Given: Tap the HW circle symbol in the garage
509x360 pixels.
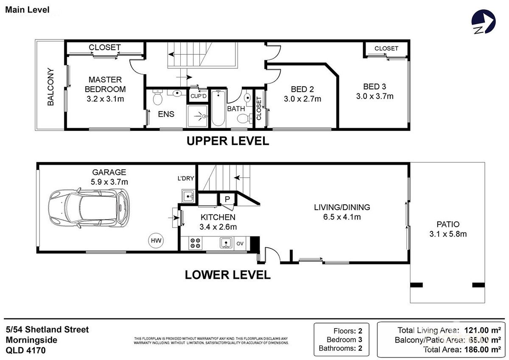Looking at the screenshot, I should pos(156,240).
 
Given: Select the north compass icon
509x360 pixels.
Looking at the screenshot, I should pos(483,22).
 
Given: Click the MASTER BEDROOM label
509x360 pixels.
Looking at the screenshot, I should pos(105,84).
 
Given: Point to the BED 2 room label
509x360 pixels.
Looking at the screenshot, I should pos(302,90).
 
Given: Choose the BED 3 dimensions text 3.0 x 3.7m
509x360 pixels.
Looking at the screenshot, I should pos(375,96).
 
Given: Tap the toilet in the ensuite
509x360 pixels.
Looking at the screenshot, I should pos(157,98).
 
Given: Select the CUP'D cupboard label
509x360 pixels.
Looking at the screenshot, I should pos(198,96).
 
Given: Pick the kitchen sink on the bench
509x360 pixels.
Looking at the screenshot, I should pos(226,243).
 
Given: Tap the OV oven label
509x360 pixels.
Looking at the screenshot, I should pos(240,243).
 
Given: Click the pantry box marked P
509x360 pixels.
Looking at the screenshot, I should pos(227,199).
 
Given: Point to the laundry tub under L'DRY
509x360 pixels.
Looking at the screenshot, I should pos(188,197).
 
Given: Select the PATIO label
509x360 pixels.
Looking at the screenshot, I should pos(447,225).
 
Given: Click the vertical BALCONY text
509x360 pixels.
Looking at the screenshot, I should pos(50,87).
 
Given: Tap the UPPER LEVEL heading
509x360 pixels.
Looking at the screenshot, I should pos(228,141).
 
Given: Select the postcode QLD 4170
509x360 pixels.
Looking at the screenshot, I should pos(25,351).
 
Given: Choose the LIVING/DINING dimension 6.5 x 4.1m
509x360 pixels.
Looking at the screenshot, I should pos(342,217).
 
